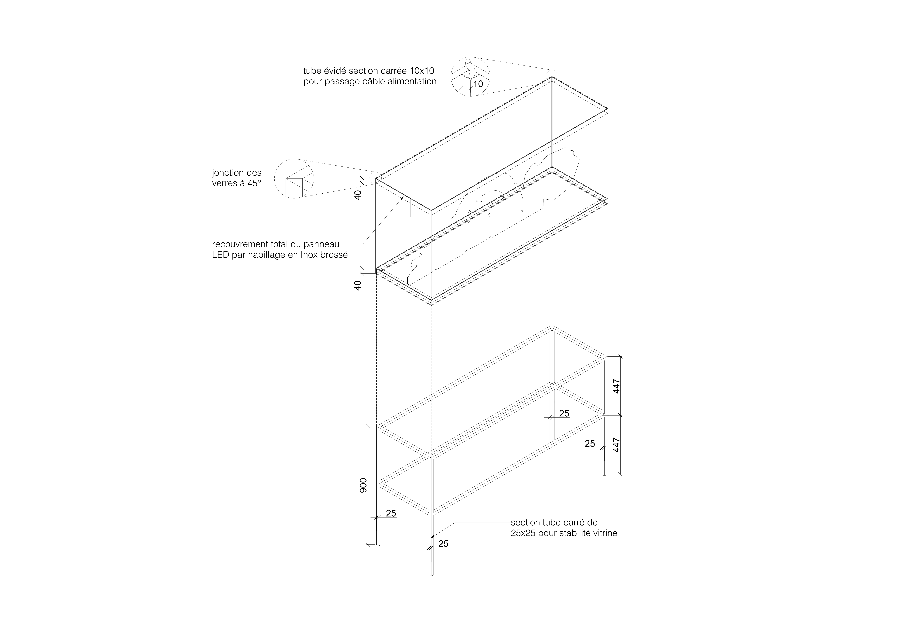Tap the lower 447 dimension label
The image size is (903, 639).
[x=616, y=445]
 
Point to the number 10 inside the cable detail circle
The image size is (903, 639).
[x=478, y=84]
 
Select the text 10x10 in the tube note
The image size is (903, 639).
[x=422, y=71]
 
